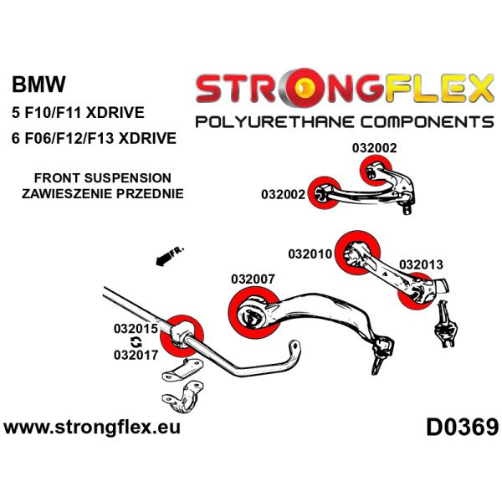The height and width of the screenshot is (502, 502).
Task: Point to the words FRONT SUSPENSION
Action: tap(103, 178)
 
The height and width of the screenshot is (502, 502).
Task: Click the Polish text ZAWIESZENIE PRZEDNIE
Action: tap(103, 194)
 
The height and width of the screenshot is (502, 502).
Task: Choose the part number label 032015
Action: tap(136, 329)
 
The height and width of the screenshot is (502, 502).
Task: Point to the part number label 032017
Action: tap(136, 355)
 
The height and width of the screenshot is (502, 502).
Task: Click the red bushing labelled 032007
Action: tap(249, 314)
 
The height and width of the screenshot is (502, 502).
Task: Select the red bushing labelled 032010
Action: tap(356, 248)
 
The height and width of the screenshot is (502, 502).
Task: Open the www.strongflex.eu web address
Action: tap(93, 428)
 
